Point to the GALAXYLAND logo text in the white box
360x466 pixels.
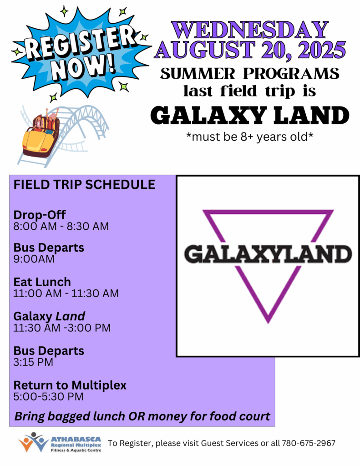[268, 254]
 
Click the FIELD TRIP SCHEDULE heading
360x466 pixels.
[85, 185]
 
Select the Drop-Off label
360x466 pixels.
[40, 215]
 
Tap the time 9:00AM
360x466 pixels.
[34, 259]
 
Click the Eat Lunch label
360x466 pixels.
[42, 282]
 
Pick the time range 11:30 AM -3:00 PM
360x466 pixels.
[62, 328]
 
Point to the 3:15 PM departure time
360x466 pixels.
[33, 362]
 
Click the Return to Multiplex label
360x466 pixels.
[70, 385]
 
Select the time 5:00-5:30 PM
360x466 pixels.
[48, 396]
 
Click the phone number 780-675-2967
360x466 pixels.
[309, 443]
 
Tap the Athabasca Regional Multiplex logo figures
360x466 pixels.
[33, 442]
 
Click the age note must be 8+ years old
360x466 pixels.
[250, 137]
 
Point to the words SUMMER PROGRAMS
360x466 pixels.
[250, 74]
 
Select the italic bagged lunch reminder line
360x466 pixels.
[142, 416]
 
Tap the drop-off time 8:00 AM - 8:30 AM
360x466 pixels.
[61, 226]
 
